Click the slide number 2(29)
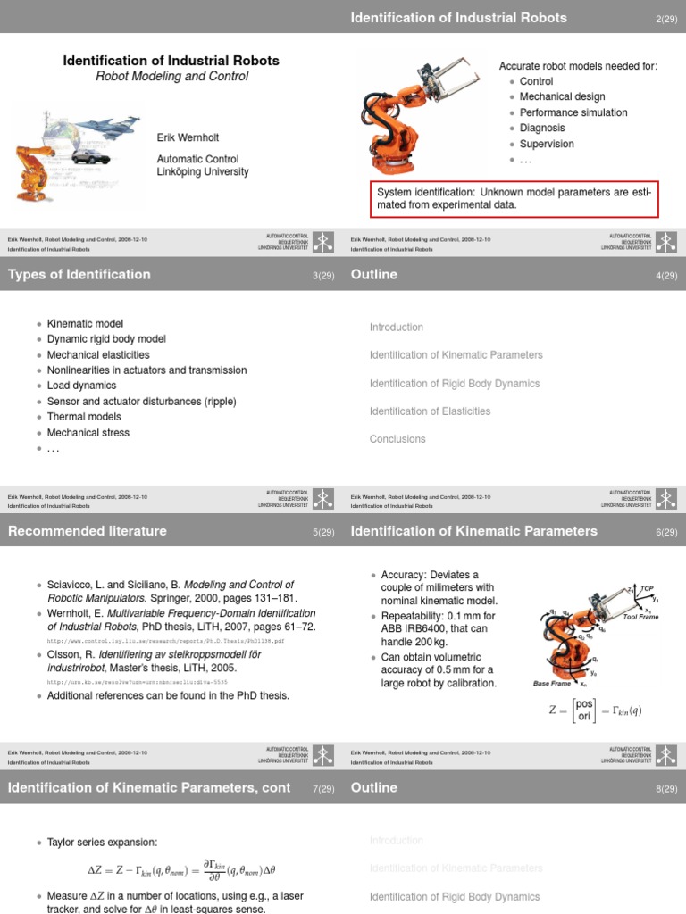click(666, 19)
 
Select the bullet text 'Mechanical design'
click(562, 96)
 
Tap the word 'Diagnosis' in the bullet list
click(542, 128)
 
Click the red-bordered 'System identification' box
click(514, 198)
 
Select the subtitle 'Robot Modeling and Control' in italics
click(171, 77)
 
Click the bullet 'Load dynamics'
click(81, 386)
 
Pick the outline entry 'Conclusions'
click(397, 439)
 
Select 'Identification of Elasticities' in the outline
click(430, 411)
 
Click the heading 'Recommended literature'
click(88, 531)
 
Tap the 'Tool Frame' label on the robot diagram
click(640, 617)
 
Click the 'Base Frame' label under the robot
click(551, 684)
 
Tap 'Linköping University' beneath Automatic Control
click(203, 171)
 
